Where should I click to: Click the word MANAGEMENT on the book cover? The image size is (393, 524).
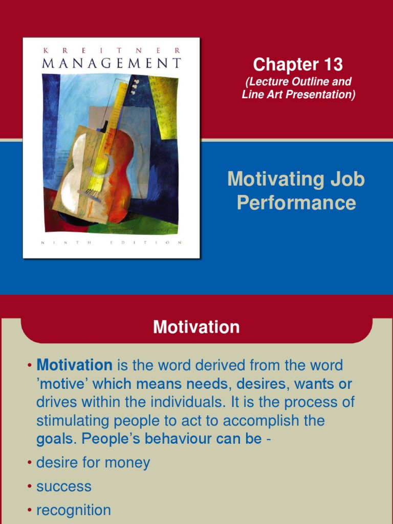[x=111, y=63]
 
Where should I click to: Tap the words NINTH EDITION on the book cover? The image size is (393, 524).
[x=111, y=243]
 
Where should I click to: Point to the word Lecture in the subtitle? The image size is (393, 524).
[x=268, y=82]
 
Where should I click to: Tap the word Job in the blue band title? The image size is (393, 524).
[x=347, y=180]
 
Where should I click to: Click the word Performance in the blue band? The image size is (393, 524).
[x=296, y=203]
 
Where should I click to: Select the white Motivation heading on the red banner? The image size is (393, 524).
[x=196, y=327]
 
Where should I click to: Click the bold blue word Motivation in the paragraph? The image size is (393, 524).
[x=75, y=365]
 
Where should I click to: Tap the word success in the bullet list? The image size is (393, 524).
[x=64, y=487]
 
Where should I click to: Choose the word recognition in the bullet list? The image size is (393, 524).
[x=73, y=510]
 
